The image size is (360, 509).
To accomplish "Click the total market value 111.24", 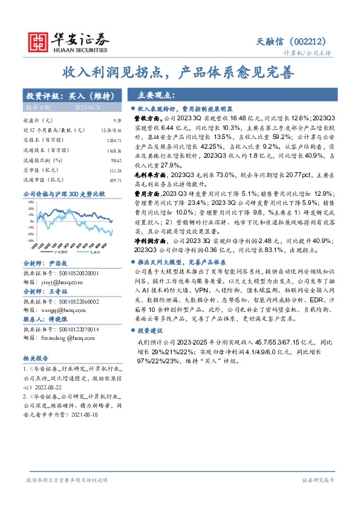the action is [105, 170].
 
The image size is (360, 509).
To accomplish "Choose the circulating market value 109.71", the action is [105, 180].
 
